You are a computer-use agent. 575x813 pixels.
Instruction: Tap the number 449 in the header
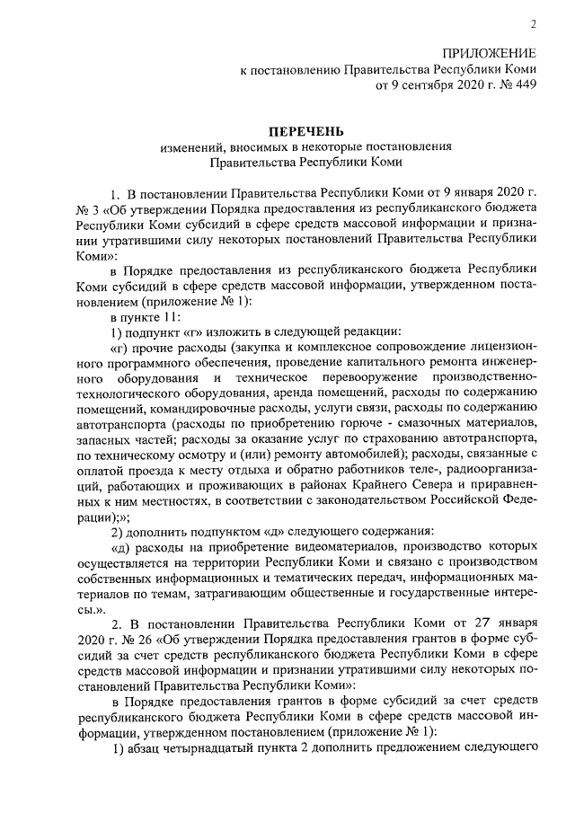[x=526, y=87]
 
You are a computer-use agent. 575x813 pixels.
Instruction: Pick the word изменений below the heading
[x=193, y=147]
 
